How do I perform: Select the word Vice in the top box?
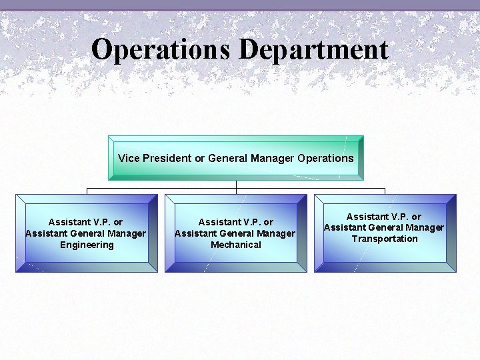coord(127,158)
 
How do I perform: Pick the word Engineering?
coord(87,245)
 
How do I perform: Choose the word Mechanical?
coord(236,245)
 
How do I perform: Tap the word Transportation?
coord(385,239)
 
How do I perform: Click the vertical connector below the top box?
coord(236,184)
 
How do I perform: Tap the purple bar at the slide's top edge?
coord(240,5)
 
